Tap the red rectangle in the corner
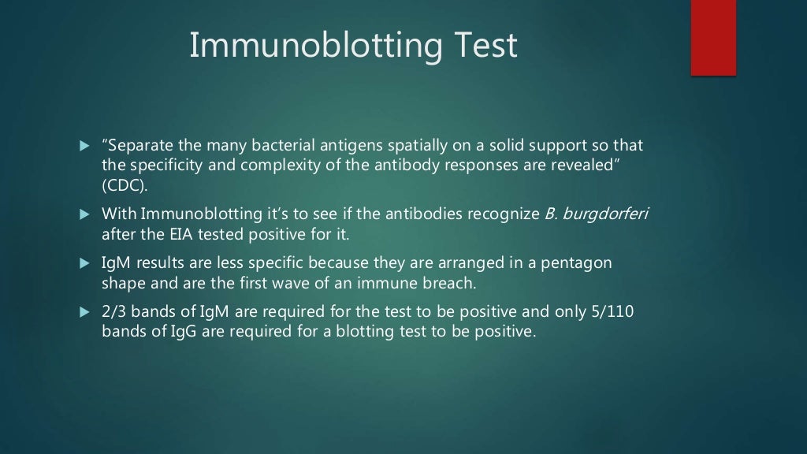pos(713,37)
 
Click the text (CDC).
pos(125,185)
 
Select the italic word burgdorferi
pos(610,214)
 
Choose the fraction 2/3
pos(115,312)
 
